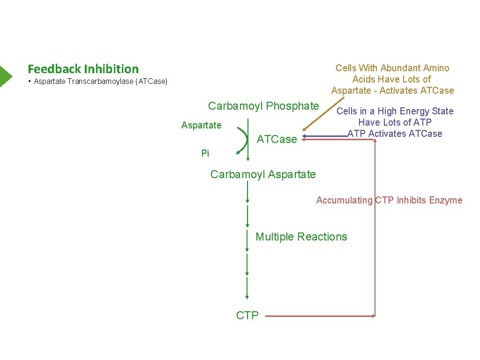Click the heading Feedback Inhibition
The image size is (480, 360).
[83, 69]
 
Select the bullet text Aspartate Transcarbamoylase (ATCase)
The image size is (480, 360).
[100, 82]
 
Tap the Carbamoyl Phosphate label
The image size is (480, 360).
[263, 106]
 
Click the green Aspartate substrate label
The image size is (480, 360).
[201, 125]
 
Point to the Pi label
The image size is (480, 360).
[205, 153]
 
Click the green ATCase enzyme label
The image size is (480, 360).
[277, 139]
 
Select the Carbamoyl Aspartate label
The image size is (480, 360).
[263, 174]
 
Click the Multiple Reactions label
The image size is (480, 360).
[301, 237]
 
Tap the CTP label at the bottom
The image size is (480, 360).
[247, 315]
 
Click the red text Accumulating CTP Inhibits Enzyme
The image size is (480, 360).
[389, 201]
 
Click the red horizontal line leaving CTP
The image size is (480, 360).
[319, 316]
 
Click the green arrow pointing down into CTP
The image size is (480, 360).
[247, 288]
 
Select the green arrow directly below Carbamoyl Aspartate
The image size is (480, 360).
[247, 192]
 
